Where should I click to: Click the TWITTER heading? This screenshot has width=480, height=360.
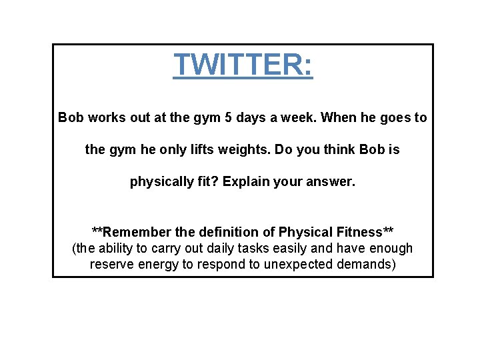point(243,65)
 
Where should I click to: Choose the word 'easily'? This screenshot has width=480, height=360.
point(284,249)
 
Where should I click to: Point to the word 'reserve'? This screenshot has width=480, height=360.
point(112,265)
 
